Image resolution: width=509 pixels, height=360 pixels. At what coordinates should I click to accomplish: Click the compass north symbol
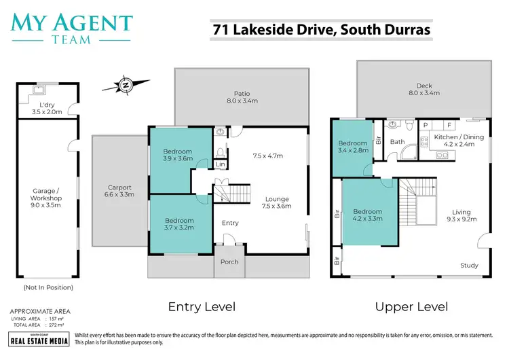tap(125, 85)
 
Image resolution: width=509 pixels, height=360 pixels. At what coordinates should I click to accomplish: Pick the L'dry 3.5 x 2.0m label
tap(47, 108)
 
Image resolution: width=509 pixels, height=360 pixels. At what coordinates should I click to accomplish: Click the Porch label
tap(229, 262)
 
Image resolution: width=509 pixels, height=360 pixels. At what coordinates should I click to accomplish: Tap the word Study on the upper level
tap(469, 265)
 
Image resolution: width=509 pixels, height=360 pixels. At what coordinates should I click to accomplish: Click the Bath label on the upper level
tap(397, 142)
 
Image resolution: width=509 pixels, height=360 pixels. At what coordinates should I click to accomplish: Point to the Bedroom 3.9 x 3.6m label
tap(178, 155)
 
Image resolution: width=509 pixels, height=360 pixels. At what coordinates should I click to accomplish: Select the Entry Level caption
tap(202, 306)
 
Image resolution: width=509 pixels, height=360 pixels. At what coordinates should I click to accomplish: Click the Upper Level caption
tap(411, 306)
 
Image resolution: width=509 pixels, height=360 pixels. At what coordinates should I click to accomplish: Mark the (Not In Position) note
tap(48, 287)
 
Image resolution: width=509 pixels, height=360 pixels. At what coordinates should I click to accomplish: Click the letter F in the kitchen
tap(449, 126)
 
